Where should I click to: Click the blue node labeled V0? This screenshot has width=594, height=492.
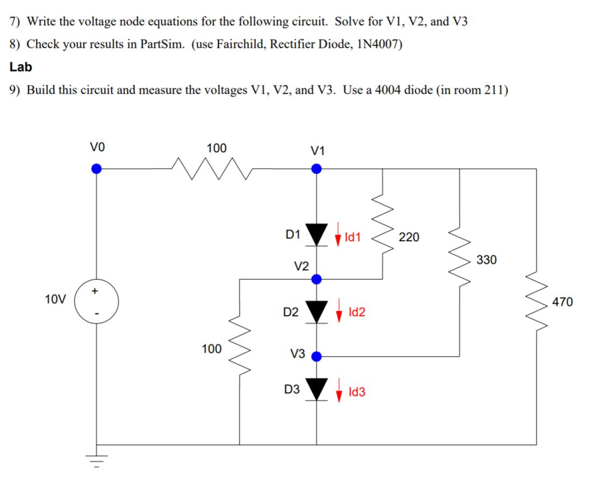[x=97, y=168]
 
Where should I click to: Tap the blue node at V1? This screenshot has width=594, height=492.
[x=316, y=168]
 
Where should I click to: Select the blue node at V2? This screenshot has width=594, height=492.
[x=316, y=279]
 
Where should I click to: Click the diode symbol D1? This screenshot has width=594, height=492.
[x=316, y=235]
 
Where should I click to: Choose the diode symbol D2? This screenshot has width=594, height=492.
[x=316, y=312]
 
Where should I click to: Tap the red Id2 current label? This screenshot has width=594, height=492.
[x=357, y=313]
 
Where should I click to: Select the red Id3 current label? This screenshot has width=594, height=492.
[x=357, y=392]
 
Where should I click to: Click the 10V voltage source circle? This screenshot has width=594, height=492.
[x=97, y=302]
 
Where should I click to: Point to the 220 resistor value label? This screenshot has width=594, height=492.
[x=408, y=237]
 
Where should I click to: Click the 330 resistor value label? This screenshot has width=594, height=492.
[x=486, y=260]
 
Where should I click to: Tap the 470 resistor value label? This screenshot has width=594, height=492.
[x=562, y=301]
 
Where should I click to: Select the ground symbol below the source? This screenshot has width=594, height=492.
[x=97, y=462]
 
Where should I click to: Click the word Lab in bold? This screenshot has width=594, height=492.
[x=21, y=67]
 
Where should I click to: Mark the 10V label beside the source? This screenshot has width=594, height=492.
[x=56, y=300]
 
